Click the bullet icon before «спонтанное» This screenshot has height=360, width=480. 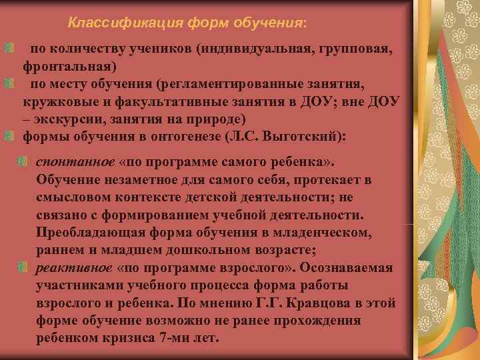pyautogui.click(x=24, y=162)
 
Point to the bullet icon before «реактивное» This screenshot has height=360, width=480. pyautogui.click(x=24, y=267)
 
